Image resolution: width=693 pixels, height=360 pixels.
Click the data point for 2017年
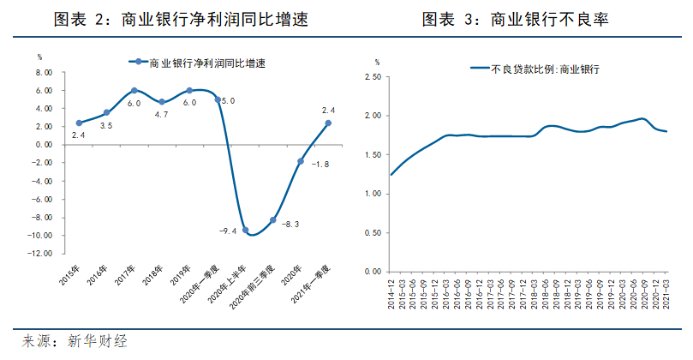click(134, 90)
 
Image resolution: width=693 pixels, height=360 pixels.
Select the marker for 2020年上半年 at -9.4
click(245, 230)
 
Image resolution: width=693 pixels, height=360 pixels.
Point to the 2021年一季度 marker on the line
click(328, 123)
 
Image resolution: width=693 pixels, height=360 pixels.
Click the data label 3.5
click(106, 126)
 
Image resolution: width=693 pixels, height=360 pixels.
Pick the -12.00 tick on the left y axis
click(42, 254)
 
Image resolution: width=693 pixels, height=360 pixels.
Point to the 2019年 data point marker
click(189, 90)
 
